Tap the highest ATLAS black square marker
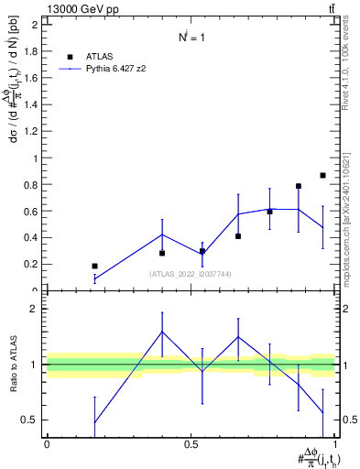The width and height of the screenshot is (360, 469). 322,175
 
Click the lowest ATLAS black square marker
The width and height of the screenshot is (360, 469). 94,266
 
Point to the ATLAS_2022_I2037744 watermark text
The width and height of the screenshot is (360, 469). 190,274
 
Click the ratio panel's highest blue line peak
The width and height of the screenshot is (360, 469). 162,332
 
